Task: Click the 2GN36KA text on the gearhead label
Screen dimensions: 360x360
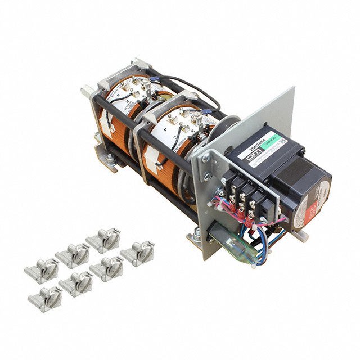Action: (260, 145)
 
